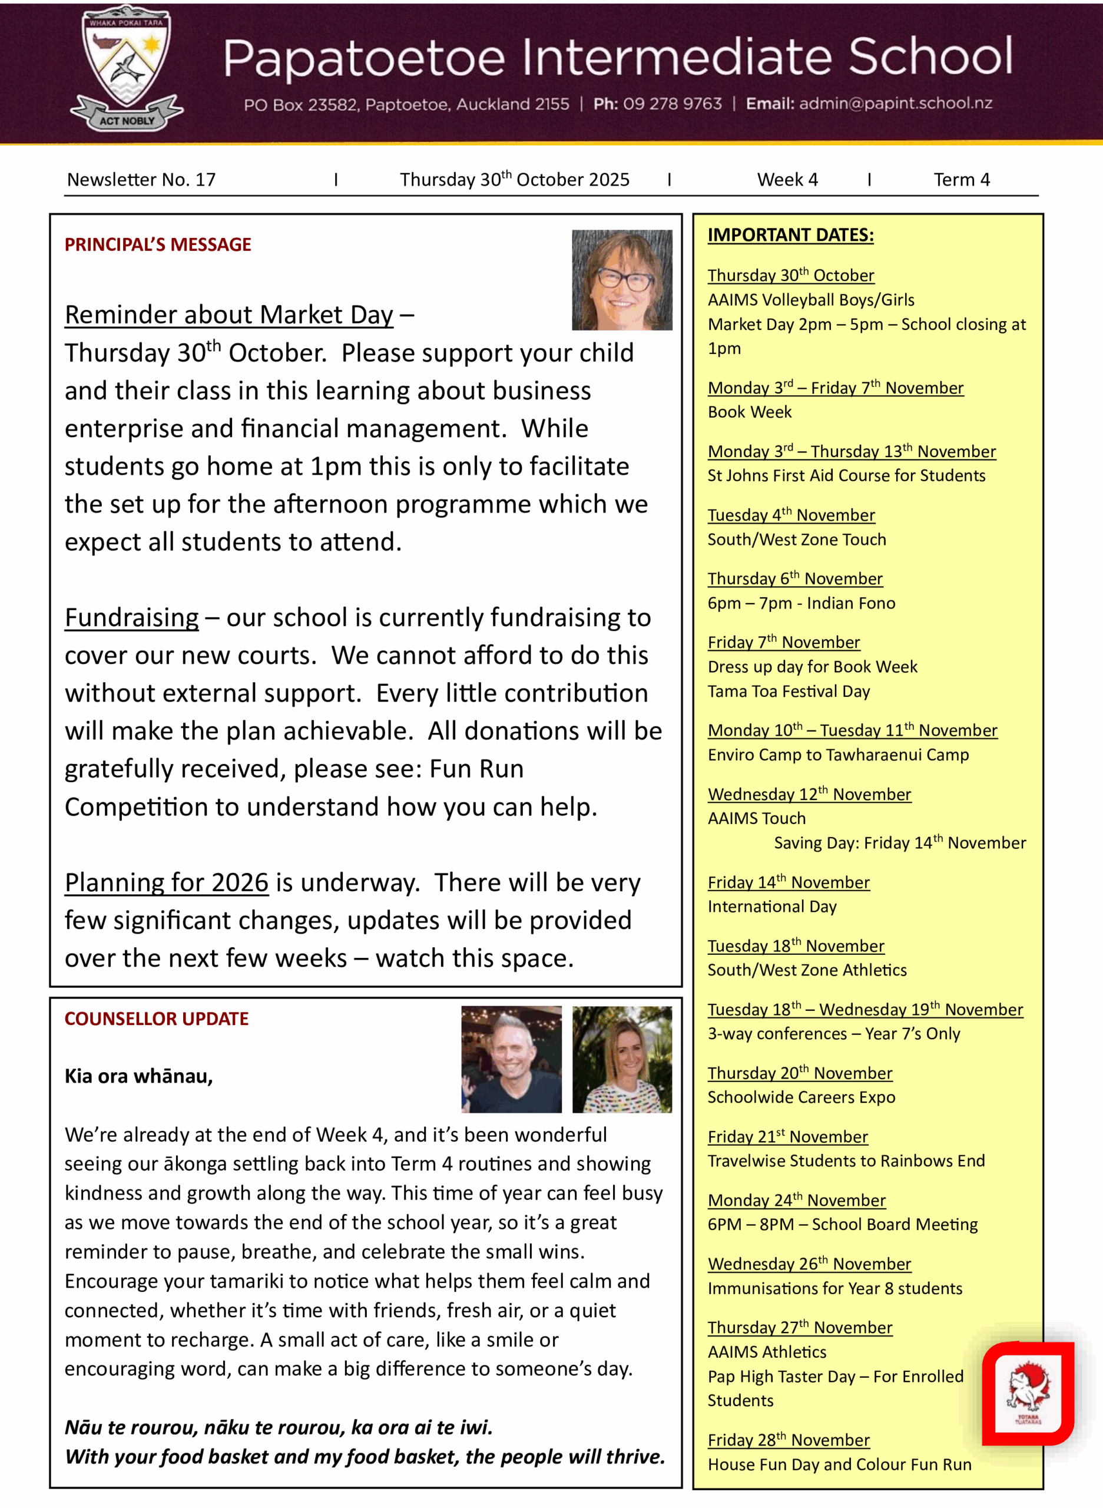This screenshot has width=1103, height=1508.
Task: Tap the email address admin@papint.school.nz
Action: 895,104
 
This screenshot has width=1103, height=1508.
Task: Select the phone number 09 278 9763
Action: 672,104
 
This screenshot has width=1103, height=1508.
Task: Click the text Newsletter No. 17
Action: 141,180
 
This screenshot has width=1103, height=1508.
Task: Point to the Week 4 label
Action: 787,180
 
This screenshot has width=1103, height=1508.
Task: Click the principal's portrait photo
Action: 622,280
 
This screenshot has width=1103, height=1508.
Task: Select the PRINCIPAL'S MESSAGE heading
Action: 158,244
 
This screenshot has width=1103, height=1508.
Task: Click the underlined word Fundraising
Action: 131,618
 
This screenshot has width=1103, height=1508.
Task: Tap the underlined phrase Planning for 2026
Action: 166,883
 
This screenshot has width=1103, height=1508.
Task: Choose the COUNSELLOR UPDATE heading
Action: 156,1018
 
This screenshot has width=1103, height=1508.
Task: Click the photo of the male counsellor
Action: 511,1059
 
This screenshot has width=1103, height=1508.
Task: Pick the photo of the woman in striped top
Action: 622,1059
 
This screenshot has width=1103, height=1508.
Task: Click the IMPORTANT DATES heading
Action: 790,235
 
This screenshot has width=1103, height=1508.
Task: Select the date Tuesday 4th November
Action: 791,515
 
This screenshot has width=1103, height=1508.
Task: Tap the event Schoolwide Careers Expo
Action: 801,1097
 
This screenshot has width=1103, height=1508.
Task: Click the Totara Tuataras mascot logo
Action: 1028,1394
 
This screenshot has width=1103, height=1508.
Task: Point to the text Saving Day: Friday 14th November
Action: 899,843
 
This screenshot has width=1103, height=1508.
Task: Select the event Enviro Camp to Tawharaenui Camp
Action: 838,755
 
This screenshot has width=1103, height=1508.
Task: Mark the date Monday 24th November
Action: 797,1200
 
